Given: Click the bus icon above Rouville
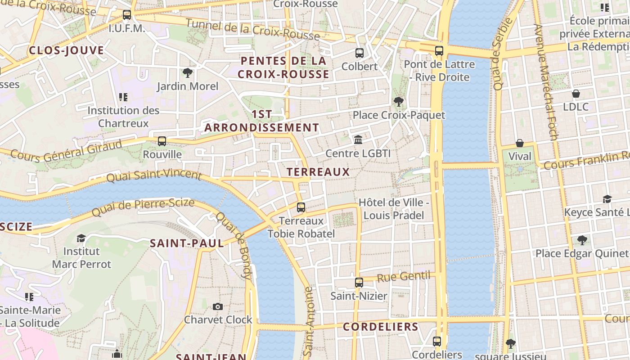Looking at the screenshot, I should tap(162, 141).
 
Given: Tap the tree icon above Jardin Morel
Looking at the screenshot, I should tap(188, 73).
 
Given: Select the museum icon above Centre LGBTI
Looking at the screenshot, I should tap(358, 140).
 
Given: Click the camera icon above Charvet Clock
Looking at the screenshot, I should tap(218, 306).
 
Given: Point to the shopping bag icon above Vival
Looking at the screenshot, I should tap(520, 143).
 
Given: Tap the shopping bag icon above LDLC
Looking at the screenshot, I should tap(576, 94).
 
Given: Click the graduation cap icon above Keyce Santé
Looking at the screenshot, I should tap(607, 199).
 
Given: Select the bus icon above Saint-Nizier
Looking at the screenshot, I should tap(359, 283).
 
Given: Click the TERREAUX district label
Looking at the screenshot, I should tap(318, 171).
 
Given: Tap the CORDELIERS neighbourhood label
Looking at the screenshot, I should tap(381, 327).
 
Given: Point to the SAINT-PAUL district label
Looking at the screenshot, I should tap(187, 243).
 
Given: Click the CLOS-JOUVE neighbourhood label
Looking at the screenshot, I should tap(67, 50).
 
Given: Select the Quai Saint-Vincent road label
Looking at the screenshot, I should tap(153, 175).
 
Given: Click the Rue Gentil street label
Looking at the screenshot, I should tap(403, 277).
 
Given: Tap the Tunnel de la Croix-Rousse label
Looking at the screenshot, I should tap(252, 29).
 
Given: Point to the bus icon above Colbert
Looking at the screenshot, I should tap(360, 53).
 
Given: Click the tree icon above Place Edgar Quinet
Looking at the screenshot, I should tap(582, 240).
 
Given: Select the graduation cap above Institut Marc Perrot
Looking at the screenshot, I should tap(81, 238).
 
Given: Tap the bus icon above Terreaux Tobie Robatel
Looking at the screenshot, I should tap(301, 207).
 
